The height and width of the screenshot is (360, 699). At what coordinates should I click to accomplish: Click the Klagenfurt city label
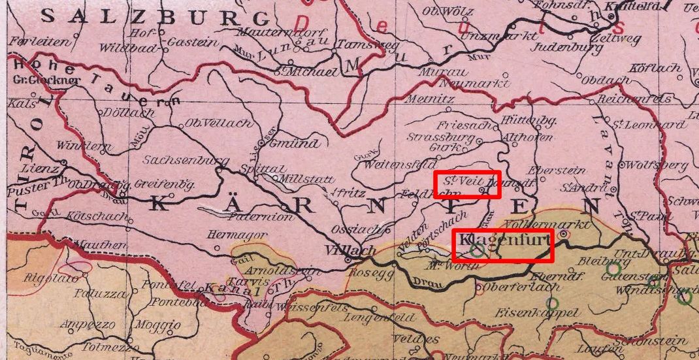[x=503, y=241]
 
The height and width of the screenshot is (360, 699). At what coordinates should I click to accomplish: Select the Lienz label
[x=44, y=168]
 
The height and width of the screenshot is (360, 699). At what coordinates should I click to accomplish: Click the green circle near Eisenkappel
[x=552, y=303]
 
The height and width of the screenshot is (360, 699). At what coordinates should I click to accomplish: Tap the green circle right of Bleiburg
[x=613, y=268]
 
